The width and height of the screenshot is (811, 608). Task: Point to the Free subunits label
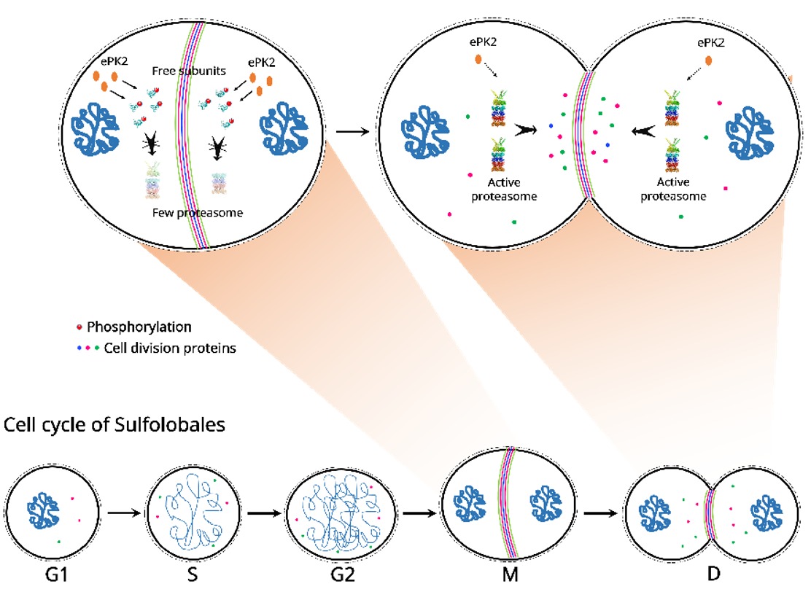tap(182, 71)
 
